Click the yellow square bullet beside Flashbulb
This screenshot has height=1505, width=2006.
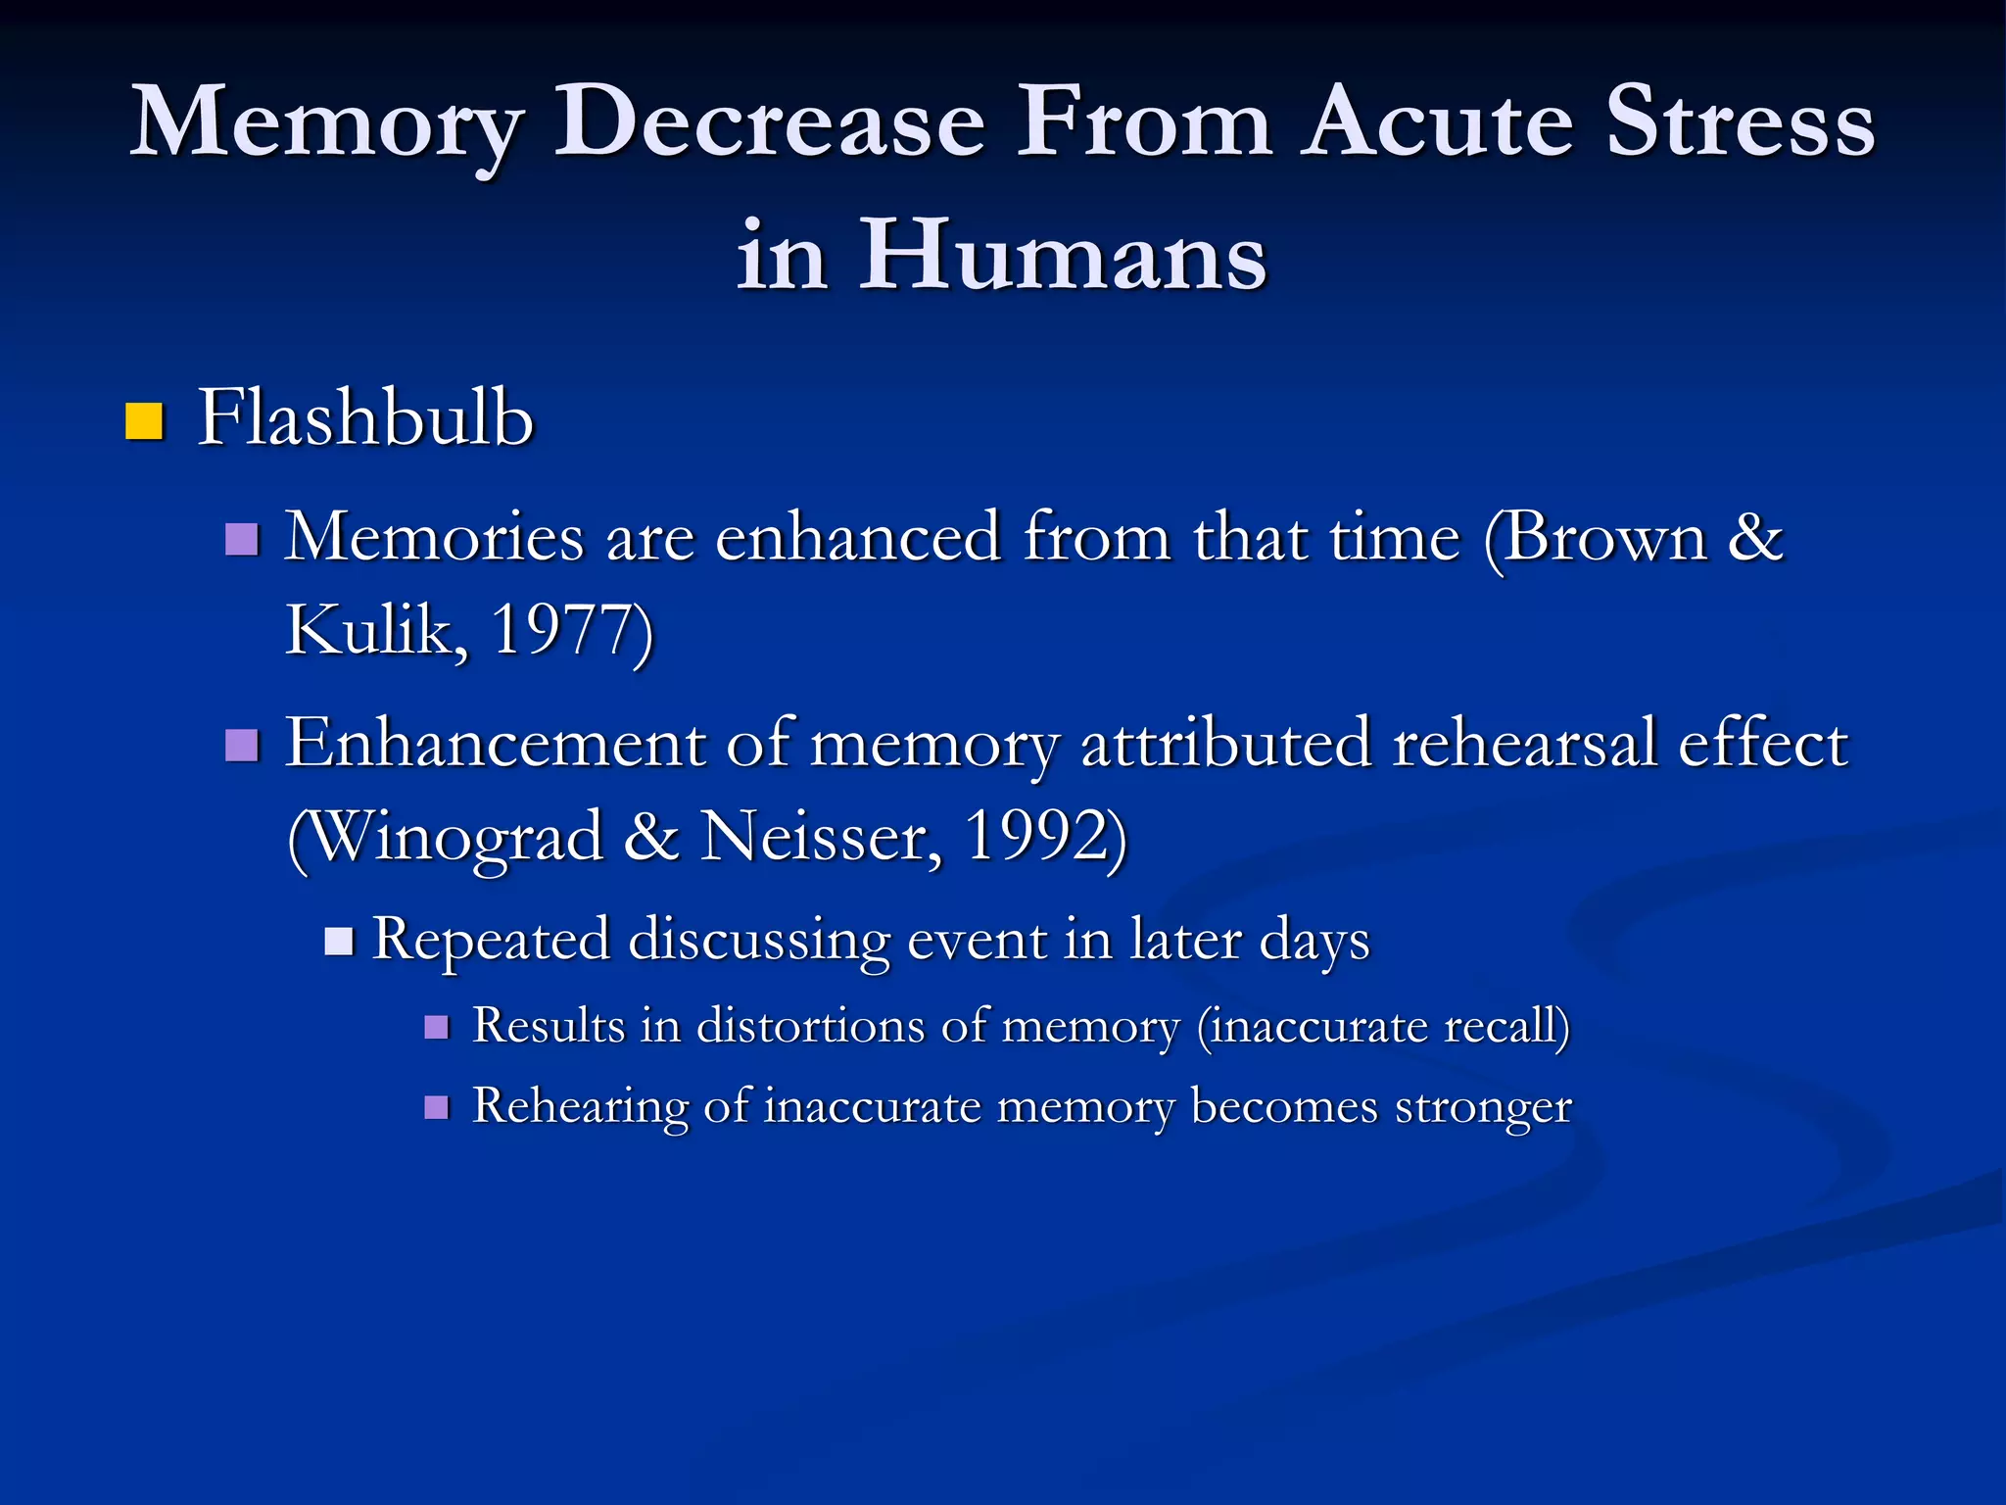point(144,421)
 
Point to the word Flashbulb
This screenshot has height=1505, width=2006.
point(365,418)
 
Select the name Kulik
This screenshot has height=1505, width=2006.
point(370,629)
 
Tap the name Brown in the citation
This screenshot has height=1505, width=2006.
point(1605,538)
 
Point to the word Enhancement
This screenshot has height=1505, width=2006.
point(495,743)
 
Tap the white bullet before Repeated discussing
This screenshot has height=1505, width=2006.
point(338,942)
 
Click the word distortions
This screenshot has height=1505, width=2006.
point(811,1026)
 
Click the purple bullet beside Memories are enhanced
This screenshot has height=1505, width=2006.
point(242,539)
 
